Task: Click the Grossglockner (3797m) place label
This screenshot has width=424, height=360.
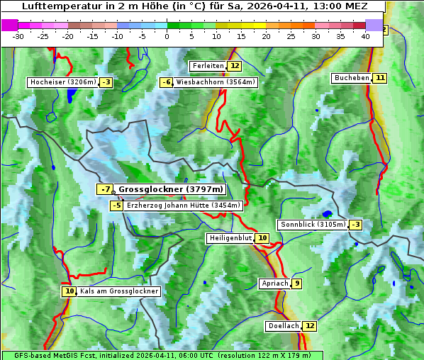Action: [x=171, y=189]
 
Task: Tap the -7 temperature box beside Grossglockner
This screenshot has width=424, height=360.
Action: [x=105, y=189]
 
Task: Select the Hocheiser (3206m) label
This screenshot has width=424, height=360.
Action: [x=62, y=82]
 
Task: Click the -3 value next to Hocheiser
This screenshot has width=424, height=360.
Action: [x=106, y=82]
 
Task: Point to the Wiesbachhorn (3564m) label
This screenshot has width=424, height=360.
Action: [x=216, y=82]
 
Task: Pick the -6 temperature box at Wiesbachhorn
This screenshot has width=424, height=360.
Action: [x=167, y=82]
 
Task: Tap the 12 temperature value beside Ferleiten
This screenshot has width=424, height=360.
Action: [x=235, y=66]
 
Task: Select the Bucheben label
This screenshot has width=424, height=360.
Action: [x=352, y=77]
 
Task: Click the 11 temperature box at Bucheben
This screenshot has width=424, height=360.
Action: [x=380, y=77]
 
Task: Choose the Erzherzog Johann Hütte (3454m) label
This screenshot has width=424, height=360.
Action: [x=184, y=206]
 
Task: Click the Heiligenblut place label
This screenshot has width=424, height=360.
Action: [x=230, y=238]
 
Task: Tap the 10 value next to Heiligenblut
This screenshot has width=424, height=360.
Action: [x=262, y=238]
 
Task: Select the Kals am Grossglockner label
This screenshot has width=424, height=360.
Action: [x=118, y=291]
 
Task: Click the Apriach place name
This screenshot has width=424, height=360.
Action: [x=275, y=283]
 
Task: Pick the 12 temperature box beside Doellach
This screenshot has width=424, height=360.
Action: [x=310, y=326]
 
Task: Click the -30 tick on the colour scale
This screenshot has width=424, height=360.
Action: [x=18, y=35]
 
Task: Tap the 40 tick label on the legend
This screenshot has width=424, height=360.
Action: [x=365, y=35]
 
